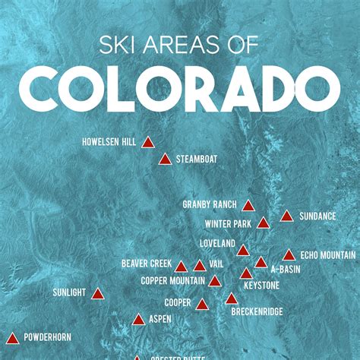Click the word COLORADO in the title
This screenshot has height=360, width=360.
pos(179,90)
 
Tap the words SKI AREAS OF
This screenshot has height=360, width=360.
pos(180,46)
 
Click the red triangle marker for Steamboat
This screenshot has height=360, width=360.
pos(165,159)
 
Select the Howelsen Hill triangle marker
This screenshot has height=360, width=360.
pos(148,142)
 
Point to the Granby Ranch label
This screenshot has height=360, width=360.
pos(210,205)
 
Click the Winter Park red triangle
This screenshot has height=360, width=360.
pos(263,223)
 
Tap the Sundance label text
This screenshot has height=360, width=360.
pos(317,216)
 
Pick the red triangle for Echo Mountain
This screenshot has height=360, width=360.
pos(289,255)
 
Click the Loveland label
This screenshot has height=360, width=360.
pos(217,244)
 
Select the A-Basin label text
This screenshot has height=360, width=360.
pos(286,270)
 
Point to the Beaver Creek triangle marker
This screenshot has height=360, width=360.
pos(181,267)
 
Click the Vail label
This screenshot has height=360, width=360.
pos(216,263)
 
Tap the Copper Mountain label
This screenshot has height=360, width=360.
pos(172,280)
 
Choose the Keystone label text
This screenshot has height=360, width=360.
pos(261,286)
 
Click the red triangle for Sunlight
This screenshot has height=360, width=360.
pos(97,293)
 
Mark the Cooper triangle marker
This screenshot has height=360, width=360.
pos(202,305)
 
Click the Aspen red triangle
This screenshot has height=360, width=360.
pos(138,320)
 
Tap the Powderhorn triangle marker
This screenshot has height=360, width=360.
pos(11,336)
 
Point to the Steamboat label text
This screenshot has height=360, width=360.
pos(197,159)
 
